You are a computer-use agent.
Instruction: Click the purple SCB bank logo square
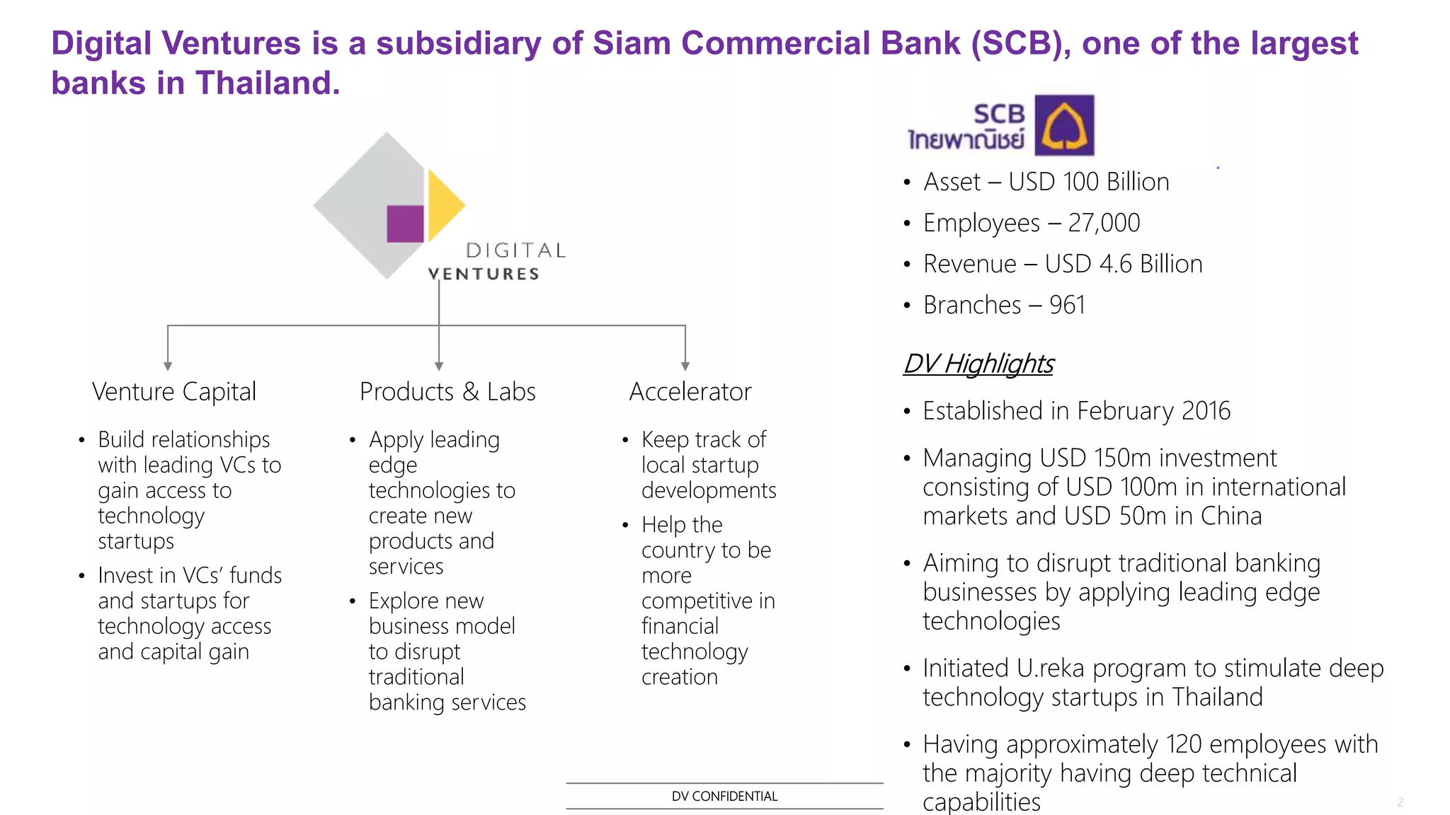[1064, 125]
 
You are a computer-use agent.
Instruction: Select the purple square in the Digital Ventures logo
[405, 224]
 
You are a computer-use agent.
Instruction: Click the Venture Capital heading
[174, 391]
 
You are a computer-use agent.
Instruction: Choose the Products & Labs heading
[447, 391]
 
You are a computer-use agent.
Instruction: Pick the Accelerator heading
[690, 391]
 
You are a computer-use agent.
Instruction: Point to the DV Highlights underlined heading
[978, 364]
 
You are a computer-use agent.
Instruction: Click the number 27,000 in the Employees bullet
[1104, 223]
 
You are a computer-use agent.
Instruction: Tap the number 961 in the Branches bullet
[1067, 305]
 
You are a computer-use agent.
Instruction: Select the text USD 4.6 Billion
[1124, 264]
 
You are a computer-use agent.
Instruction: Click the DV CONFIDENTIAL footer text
[724, 796]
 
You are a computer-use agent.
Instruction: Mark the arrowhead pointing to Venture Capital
[168, 366]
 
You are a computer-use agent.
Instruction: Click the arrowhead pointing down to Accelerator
[685, 366]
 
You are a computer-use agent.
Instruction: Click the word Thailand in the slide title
[266, 83]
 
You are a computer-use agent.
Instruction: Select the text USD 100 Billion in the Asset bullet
[1088, 182]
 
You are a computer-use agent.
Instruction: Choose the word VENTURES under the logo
[484, 274]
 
